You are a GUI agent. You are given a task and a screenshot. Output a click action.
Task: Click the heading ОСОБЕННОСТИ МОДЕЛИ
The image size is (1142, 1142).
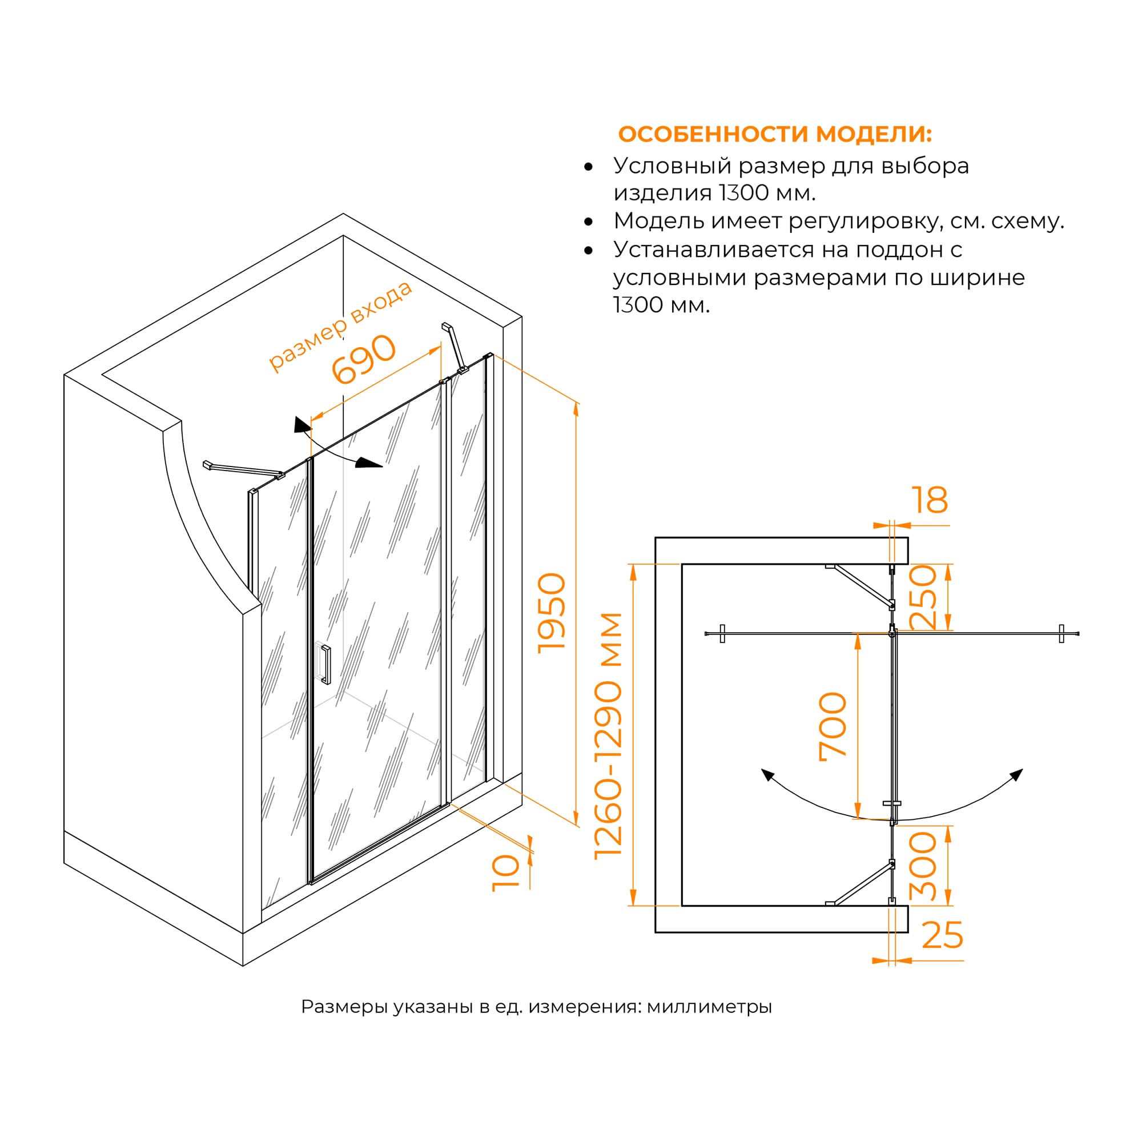tap(774, 134)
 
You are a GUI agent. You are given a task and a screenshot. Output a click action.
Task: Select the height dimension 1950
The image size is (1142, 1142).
tap(552, 613)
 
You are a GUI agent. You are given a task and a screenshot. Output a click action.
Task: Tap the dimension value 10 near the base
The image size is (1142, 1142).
tap(506, 874)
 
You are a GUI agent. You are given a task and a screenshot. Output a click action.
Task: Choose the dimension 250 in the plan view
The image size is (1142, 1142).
tap(923, 597)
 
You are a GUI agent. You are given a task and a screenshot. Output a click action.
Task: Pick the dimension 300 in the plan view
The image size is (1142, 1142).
tap(923, 867)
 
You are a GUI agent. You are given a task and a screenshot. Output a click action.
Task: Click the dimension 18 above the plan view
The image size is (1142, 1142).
tap(929, 500)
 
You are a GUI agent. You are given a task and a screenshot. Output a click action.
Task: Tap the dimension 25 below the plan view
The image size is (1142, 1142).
tap(942, 936)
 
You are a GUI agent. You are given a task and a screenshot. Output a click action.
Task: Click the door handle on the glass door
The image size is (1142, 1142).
tap(325, 665)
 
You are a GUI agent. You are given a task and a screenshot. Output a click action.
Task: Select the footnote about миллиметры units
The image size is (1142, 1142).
tap(536, 1007)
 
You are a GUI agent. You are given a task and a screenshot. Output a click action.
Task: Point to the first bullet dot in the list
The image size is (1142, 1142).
tap(588, 167)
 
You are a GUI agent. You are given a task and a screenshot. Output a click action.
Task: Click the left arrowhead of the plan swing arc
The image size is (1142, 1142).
tap(767, 774)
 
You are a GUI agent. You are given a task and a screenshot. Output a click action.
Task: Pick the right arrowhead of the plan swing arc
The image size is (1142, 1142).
tap(1017, 774)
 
